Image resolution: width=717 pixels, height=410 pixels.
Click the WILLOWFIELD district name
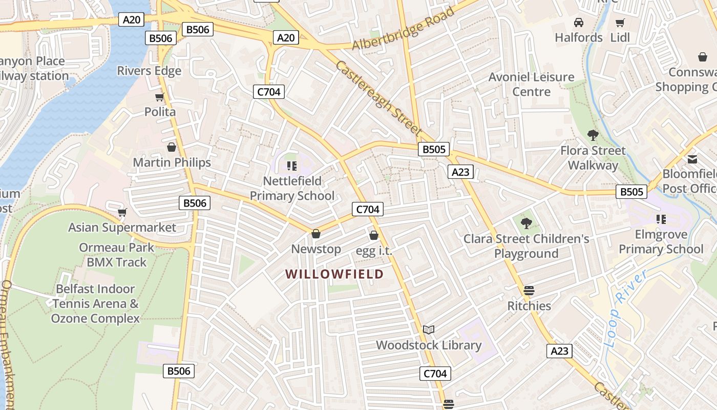point(334,274)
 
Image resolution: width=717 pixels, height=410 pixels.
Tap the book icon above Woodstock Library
point(429,330)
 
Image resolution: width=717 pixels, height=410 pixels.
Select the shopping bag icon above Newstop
point(316,234)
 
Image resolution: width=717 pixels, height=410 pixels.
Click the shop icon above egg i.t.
point(374,235)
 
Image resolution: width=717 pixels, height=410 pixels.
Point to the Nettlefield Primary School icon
point(292,166)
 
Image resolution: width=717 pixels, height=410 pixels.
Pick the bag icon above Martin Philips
point(172,147)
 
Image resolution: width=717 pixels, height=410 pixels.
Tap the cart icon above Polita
point(160,97)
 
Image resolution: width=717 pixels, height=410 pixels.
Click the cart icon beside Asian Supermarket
point(122,212)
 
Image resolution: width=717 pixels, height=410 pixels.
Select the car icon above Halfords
point(579,23)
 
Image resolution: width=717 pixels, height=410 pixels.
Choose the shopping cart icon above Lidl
point(620,23)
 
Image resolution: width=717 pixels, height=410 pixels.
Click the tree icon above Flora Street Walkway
point(593,135)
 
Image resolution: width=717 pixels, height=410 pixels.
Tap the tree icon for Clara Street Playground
point(526,223)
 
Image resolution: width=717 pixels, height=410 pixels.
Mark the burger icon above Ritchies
point(529,291)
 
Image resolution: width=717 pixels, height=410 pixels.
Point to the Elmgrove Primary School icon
point(661,219)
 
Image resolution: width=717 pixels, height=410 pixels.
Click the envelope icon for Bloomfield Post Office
point(692,159)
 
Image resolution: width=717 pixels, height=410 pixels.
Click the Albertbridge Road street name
point(404,28)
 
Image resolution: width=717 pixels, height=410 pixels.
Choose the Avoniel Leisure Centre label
point(532,85)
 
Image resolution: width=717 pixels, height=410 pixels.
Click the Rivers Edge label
point(149,71)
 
